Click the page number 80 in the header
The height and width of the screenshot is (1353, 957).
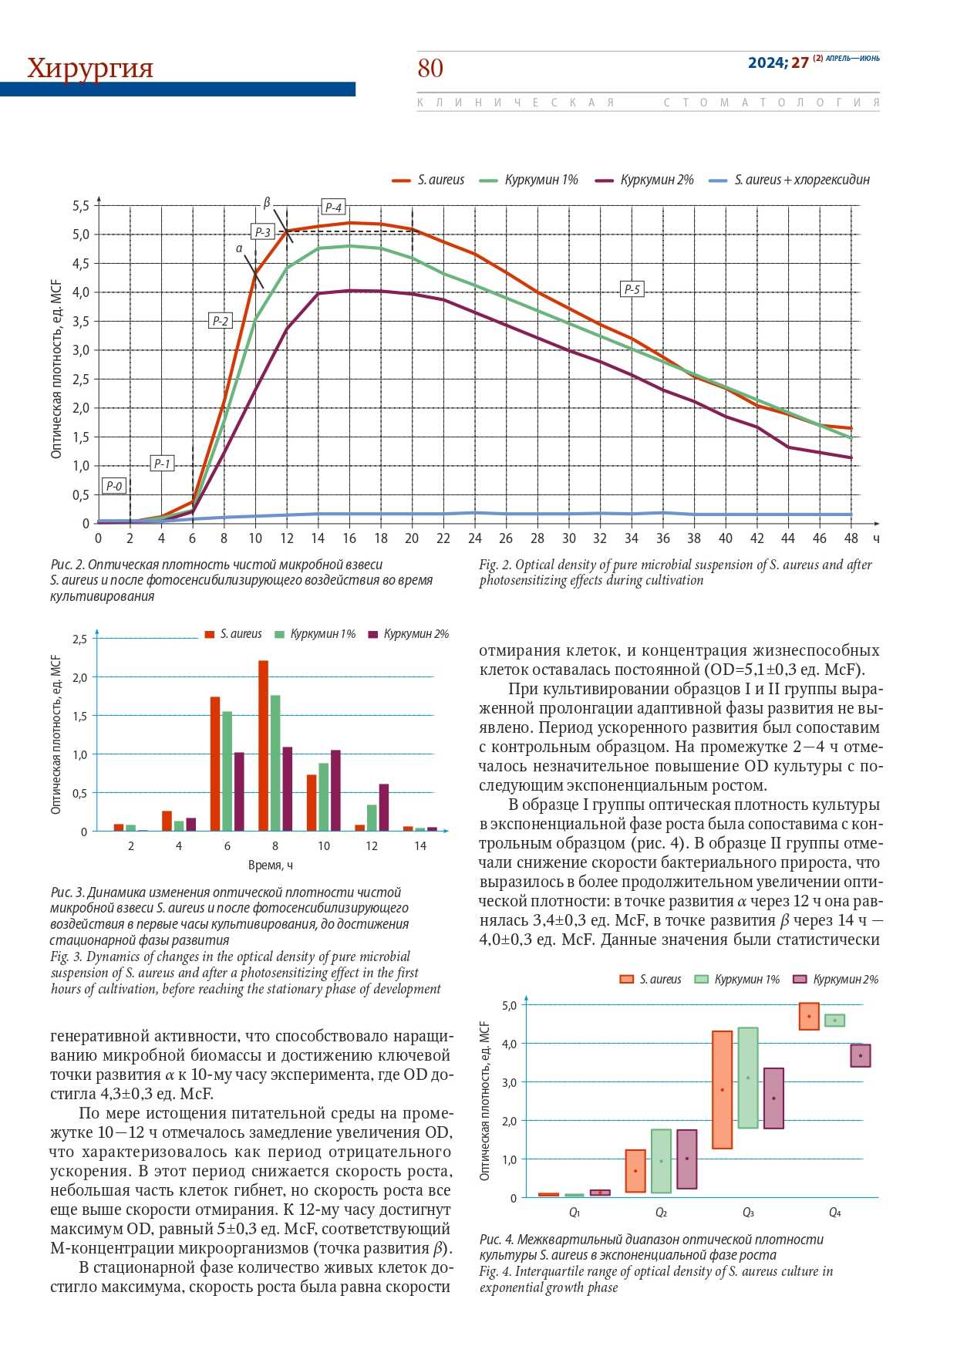(x=430, y=69)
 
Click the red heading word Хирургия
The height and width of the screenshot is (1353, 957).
(x=90, y=68)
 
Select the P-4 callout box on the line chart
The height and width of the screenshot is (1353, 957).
(x=333, y=208)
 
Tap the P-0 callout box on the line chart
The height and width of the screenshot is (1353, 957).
(x=114, y=486)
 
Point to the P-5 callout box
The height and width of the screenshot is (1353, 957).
(x=632, y=289)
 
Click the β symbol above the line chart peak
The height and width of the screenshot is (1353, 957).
(x=267, y=203)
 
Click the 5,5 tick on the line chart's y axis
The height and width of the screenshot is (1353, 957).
(x=81, y=206)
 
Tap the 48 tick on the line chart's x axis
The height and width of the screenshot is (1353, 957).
(x=851, y=538)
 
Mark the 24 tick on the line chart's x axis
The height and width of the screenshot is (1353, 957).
(x=474, y=538)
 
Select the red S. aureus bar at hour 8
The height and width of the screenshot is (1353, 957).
(x=263, y=745)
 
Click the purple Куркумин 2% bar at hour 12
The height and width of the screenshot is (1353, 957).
(x=384, y=808)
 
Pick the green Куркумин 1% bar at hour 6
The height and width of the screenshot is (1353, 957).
(x=227, y=771)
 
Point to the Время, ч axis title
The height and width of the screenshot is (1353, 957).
(x=271, y=865)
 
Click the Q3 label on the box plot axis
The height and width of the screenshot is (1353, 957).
(x=748, y=1213)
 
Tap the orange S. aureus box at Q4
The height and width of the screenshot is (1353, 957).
(x=809, y=1016)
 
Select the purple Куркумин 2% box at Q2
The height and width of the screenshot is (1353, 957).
(x=686, y=1159)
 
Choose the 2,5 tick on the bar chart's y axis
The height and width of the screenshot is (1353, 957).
(x=79, y=639)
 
